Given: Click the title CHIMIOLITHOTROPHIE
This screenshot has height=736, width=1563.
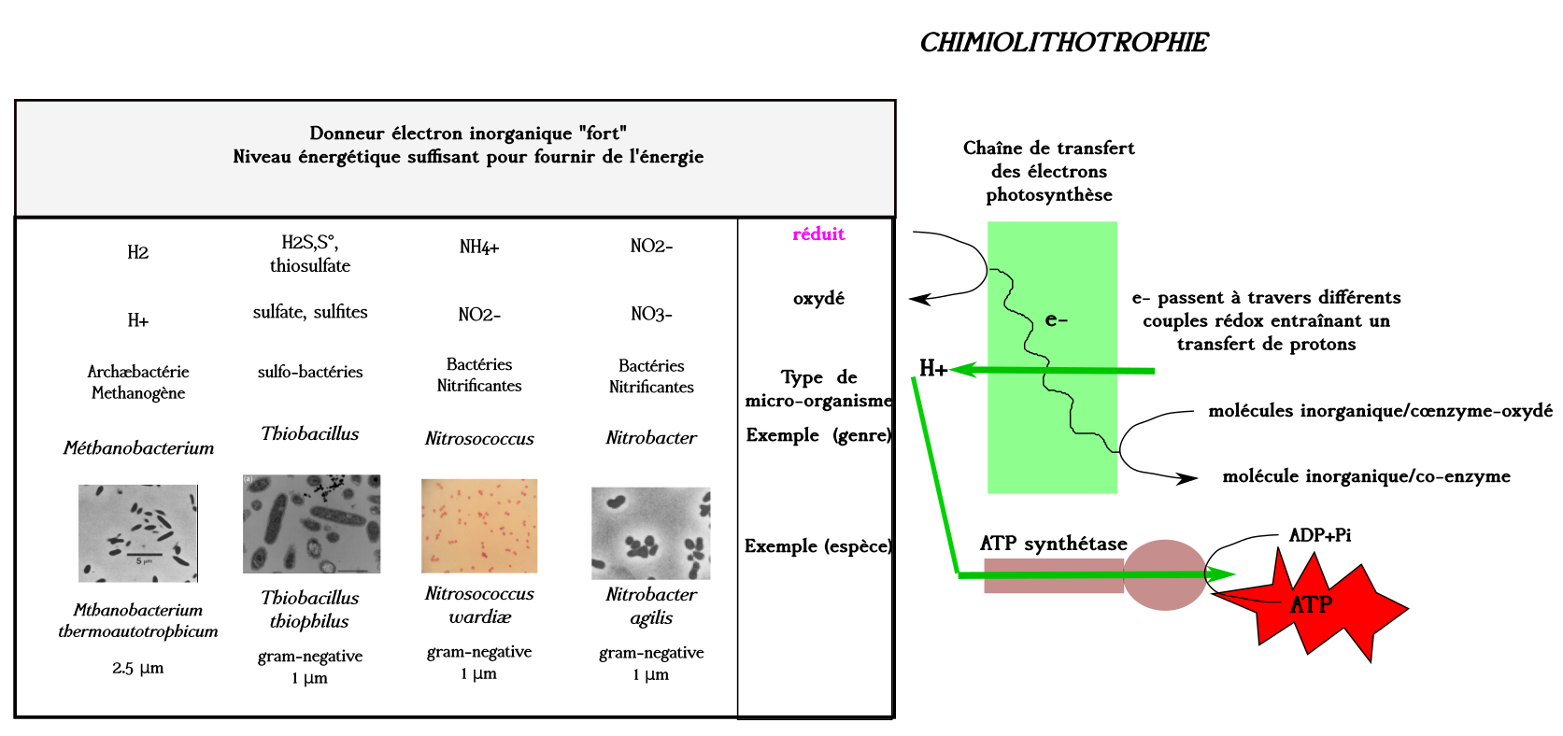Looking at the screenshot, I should [x=1063, y=43].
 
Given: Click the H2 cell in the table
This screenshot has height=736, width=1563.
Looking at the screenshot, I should [x=138, y=252].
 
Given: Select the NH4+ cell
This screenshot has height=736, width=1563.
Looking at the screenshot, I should [x=479, y=248].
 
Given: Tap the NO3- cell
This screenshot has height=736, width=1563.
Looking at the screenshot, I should [x=651, y=314].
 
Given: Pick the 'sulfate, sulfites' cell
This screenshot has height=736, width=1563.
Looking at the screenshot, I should [x=310, y=312].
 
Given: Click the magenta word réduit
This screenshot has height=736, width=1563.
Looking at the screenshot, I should [x=818, y=234].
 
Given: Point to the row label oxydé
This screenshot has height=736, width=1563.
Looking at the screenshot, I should [x=818, y=299].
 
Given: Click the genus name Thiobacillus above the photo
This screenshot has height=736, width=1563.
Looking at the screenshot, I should [x=310, y=433].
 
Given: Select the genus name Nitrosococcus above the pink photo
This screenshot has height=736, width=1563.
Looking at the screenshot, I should [x=479, y=439].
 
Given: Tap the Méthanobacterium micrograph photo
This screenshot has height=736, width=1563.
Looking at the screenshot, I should [x=138, y=532].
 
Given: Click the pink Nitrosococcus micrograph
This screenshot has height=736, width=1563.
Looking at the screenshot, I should [x=479, y=525].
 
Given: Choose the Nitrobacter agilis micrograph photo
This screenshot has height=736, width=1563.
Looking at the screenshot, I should [x=651, y=532].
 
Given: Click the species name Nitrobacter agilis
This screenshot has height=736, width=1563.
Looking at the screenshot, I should [x=651, y=605].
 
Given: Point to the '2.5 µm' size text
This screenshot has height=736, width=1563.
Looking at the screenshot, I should [x=138, y=668].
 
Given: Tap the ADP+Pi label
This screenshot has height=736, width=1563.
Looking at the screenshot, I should [x=1319, y=535].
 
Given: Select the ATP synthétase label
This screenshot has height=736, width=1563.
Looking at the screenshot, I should [x=1053, y=544].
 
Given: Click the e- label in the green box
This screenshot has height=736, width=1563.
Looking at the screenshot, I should [x=1056, y=320].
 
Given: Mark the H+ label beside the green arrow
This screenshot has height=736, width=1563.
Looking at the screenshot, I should [x=933, y=369].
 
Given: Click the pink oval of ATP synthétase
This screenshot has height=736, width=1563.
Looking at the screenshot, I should [x=1164, y=574].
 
